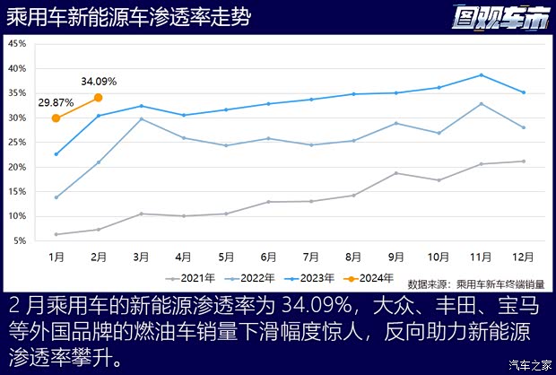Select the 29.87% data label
coord(56,103)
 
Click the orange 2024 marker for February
coord(99,98)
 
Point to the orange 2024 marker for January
coord(56,118)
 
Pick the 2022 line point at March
coord(141,119)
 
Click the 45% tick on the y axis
coord(17,44)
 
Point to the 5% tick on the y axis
coord(20,241)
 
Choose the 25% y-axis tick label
coord(17,143)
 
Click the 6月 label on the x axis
coord(268,257)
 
